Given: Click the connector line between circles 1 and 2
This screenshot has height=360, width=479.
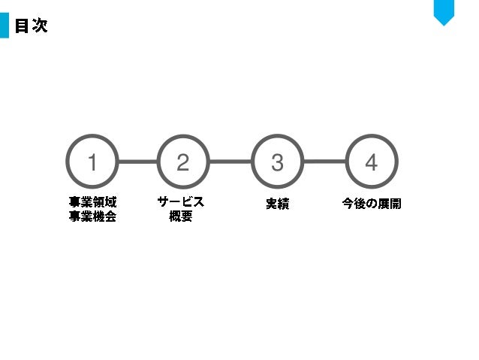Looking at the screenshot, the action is point(137,161).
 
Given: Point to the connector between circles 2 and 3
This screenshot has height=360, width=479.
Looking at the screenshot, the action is point(230,161).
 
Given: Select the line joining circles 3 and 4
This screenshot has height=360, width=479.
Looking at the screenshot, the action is point(324,161).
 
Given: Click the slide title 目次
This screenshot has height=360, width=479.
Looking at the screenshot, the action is point(31,26).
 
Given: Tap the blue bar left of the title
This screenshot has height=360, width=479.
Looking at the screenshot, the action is point(4,26).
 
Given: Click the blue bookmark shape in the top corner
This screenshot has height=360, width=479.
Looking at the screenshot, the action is point(444,11).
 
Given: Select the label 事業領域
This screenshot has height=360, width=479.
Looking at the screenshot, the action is point(92,203).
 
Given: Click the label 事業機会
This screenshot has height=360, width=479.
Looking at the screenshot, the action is point(92,217).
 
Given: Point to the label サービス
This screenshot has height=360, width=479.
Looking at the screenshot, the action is point(181,203).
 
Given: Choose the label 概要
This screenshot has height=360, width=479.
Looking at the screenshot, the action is point(181,217).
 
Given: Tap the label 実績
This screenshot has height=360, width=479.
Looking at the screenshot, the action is point(277,204).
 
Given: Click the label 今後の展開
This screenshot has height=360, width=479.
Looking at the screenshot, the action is point(372,204).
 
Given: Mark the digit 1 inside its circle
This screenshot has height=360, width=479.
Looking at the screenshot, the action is point(92,162).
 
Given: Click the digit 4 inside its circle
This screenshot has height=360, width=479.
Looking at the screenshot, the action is point(371,162).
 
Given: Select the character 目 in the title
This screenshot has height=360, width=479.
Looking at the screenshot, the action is point(22,26).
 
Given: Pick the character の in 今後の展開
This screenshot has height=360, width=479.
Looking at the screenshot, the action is point(372,204).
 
